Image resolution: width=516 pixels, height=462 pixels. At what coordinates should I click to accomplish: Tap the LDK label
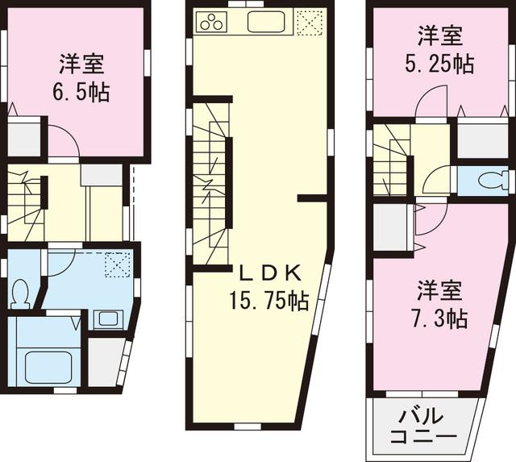(x=260, y=272)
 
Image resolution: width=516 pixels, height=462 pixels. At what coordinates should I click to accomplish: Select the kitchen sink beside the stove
(x=267, y=22)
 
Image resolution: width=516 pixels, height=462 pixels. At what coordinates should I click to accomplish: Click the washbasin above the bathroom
(x=106, y=318)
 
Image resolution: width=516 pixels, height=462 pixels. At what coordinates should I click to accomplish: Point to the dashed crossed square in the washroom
(x=117, y=264)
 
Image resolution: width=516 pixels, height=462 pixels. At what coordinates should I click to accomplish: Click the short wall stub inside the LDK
(x=311, y=197)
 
